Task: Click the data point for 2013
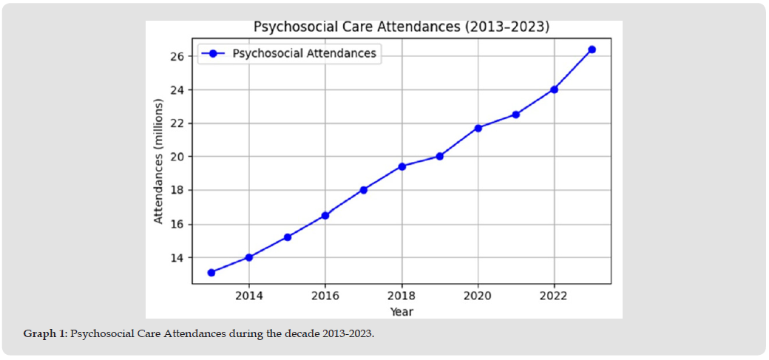(211, 272)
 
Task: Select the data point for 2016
(325, 215)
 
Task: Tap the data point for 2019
(440, 156)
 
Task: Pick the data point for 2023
(592, 50)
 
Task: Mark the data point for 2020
(478, 128)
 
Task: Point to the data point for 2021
(516, 115)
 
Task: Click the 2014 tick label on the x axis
(249, 296)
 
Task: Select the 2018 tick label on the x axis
(402, 296)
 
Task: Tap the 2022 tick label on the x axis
(554, 296)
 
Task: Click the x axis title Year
(402, 311)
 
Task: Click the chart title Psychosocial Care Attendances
(402, 27)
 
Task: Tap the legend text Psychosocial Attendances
(304, 53)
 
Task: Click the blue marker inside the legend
(212, 53)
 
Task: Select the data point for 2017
(364, 190)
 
